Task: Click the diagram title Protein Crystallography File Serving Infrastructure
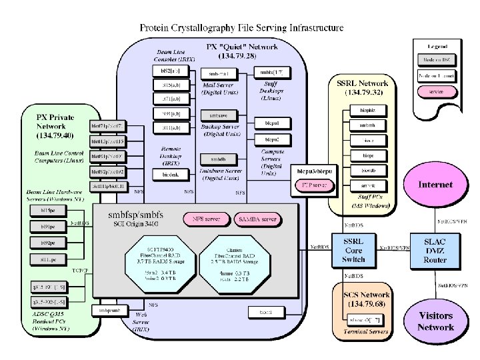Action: pyautogui.click(x=241, y=28)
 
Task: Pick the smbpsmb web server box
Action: pyautogui.click(x=109, y=310)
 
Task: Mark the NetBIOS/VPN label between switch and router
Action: pyautogui.click(x=395, y=247)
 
